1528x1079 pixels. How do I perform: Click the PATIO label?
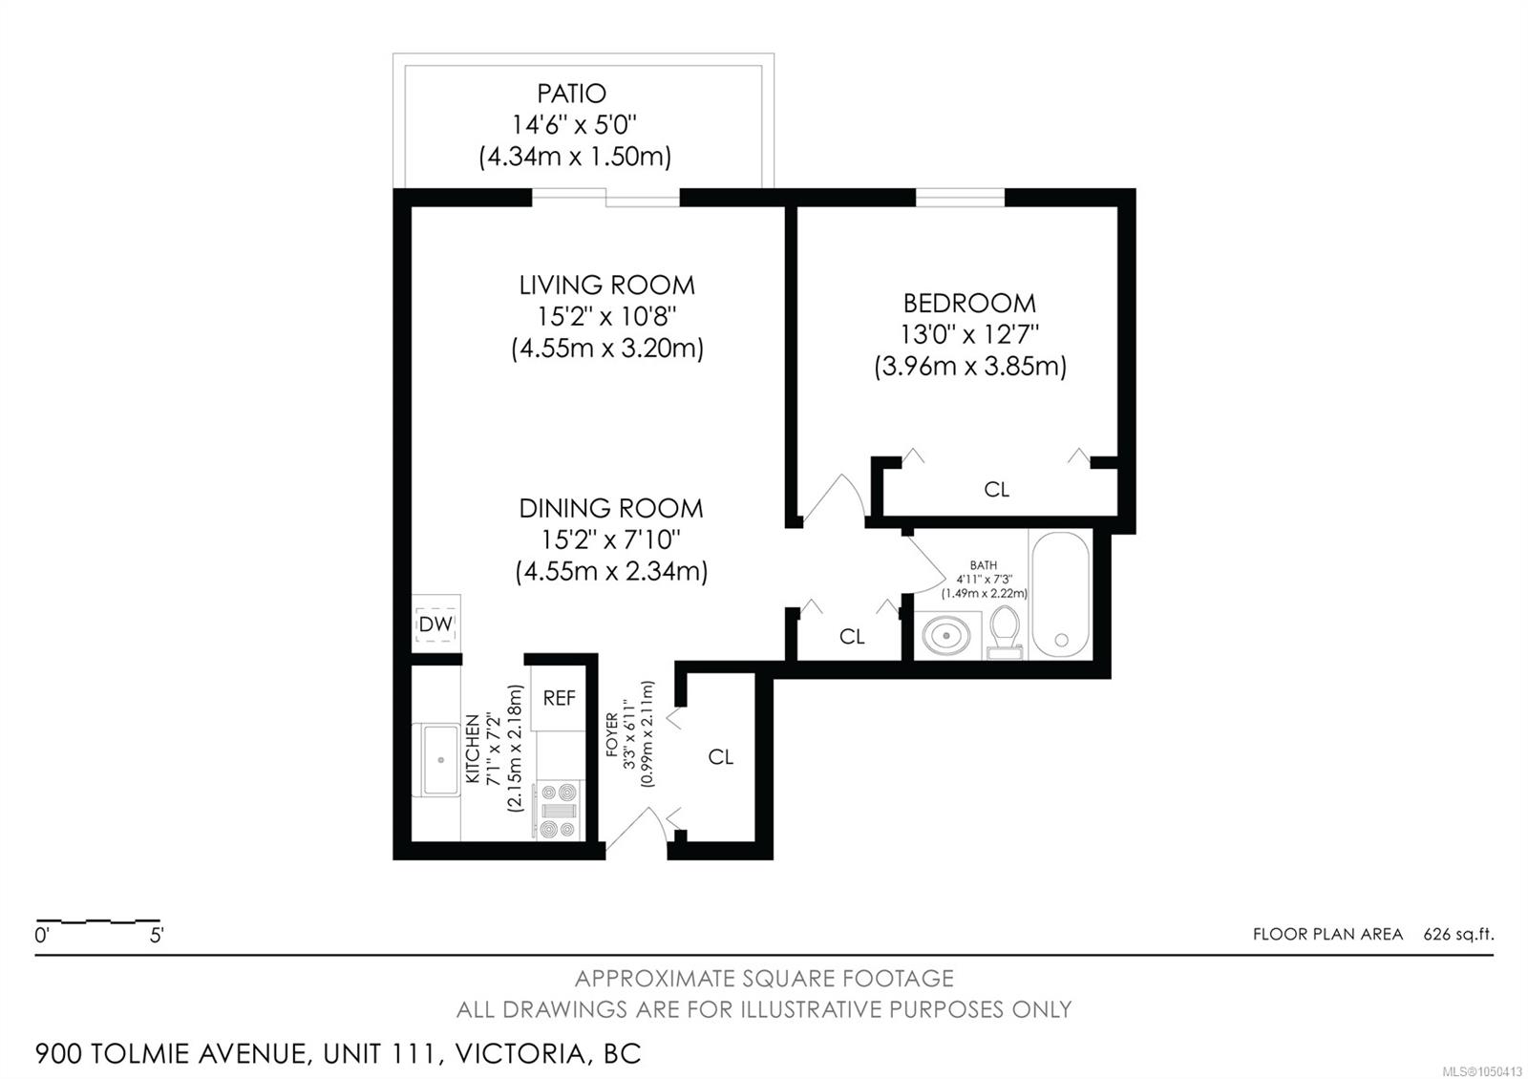571,93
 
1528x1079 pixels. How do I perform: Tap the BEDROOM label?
969,303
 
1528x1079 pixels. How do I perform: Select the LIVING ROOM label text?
607,286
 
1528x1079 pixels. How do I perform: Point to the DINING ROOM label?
610,508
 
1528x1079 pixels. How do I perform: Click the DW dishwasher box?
435,624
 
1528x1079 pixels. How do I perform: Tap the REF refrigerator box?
559,698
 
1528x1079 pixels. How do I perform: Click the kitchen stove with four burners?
558,811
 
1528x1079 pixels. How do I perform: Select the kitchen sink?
440,759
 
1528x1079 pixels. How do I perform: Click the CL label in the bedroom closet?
997,489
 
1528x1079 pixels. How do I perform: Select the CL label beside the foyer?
721,756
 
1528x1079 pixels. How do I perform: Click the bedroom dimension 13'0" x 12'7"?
969,335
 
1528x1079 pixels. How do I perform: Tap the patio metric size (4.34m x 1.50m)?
574,157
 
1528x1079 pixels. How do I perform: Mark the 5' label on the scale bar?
157,935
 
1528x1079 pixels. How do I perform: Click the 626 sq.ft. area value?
1458,934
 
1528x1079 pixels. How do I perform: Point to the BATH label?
984,564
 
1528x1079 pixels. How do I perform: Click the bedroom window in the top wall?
960,197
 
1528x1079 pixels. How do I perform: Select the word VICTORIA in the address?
520,1054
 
